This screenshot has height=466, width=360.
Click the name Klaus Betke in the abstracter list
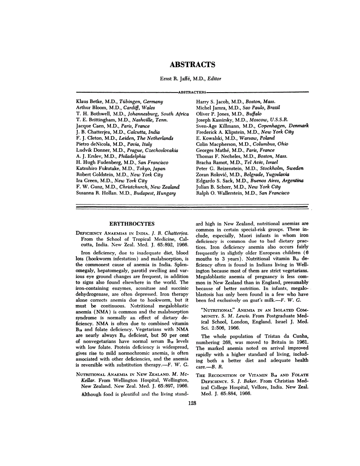point(89,102)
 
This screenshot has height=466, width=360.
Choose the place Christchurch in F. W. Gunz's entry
point(135,187)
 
